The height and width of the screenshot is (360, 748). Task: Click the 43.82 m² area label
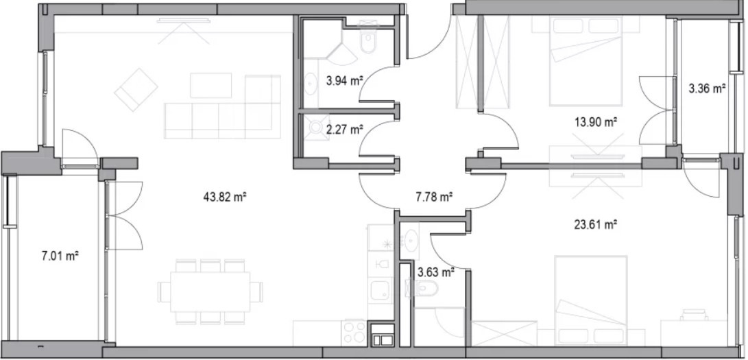[x=224, y=196]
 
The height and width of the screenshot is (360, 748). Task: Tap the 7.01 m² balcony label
[x=60, y=256]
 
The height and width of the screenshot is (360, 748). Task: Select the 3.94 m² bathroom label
[x=343, y=81]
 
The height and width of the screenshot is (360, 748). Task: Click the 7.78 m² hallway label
[x=434, y=196]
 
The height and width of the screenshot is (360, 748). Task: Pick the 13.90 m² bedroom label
[x=596, y=122]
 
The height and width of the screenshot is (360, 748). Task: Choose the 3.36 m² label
[x=707, y=88]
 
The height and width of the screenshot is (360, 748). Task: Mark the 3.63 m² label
[x=435, y=272]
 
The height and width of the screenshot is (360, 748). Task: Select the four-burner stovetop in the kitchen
[x=355, y=332]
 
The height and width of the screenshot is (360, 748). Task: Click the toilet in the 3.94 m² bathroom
[x=369, y=39]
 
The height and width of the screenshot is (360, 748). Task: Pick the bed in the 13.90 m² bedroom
[x=586, y=60]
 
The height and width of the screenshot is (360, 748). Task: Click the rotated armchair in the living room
[x=136, y=90]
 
